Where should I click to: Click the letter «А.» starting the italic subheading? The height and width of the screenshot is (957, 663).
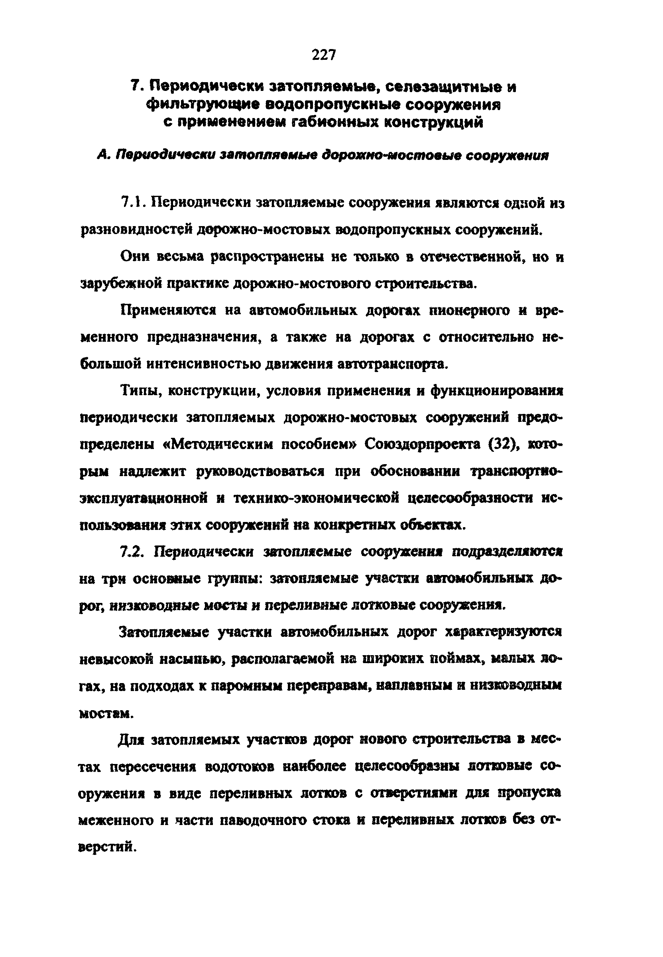pos(103,156)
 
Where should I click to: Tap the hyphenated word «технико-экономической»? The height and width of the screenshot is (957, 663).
pos(315,498)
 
